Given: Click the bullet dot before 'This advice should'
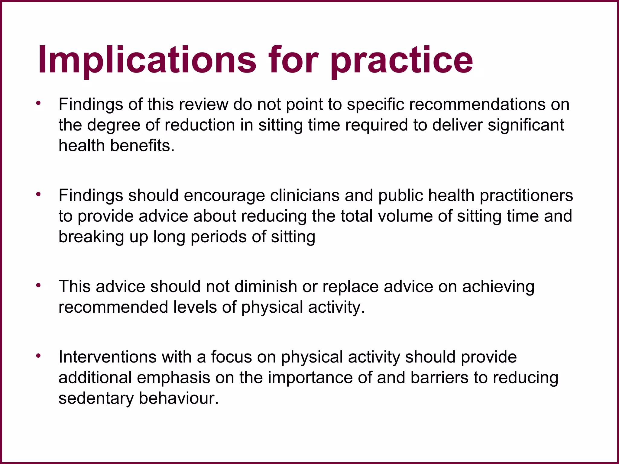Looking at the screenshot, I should tap(38, 285).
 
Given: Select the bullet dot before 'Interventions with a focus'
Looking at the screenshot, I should tap(38, 356).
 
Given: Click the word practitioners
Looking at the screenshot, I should tap(526, 195).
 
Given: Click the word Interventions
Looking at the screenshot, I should tap(107, 357).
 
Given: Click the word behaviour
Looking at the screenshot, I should tap(178, 398).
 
